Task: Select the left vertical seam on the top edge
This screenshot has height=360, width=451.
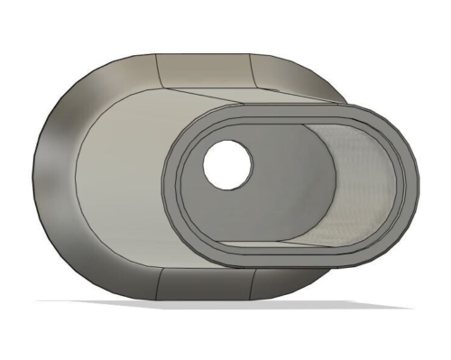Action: tap(157, 69)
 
